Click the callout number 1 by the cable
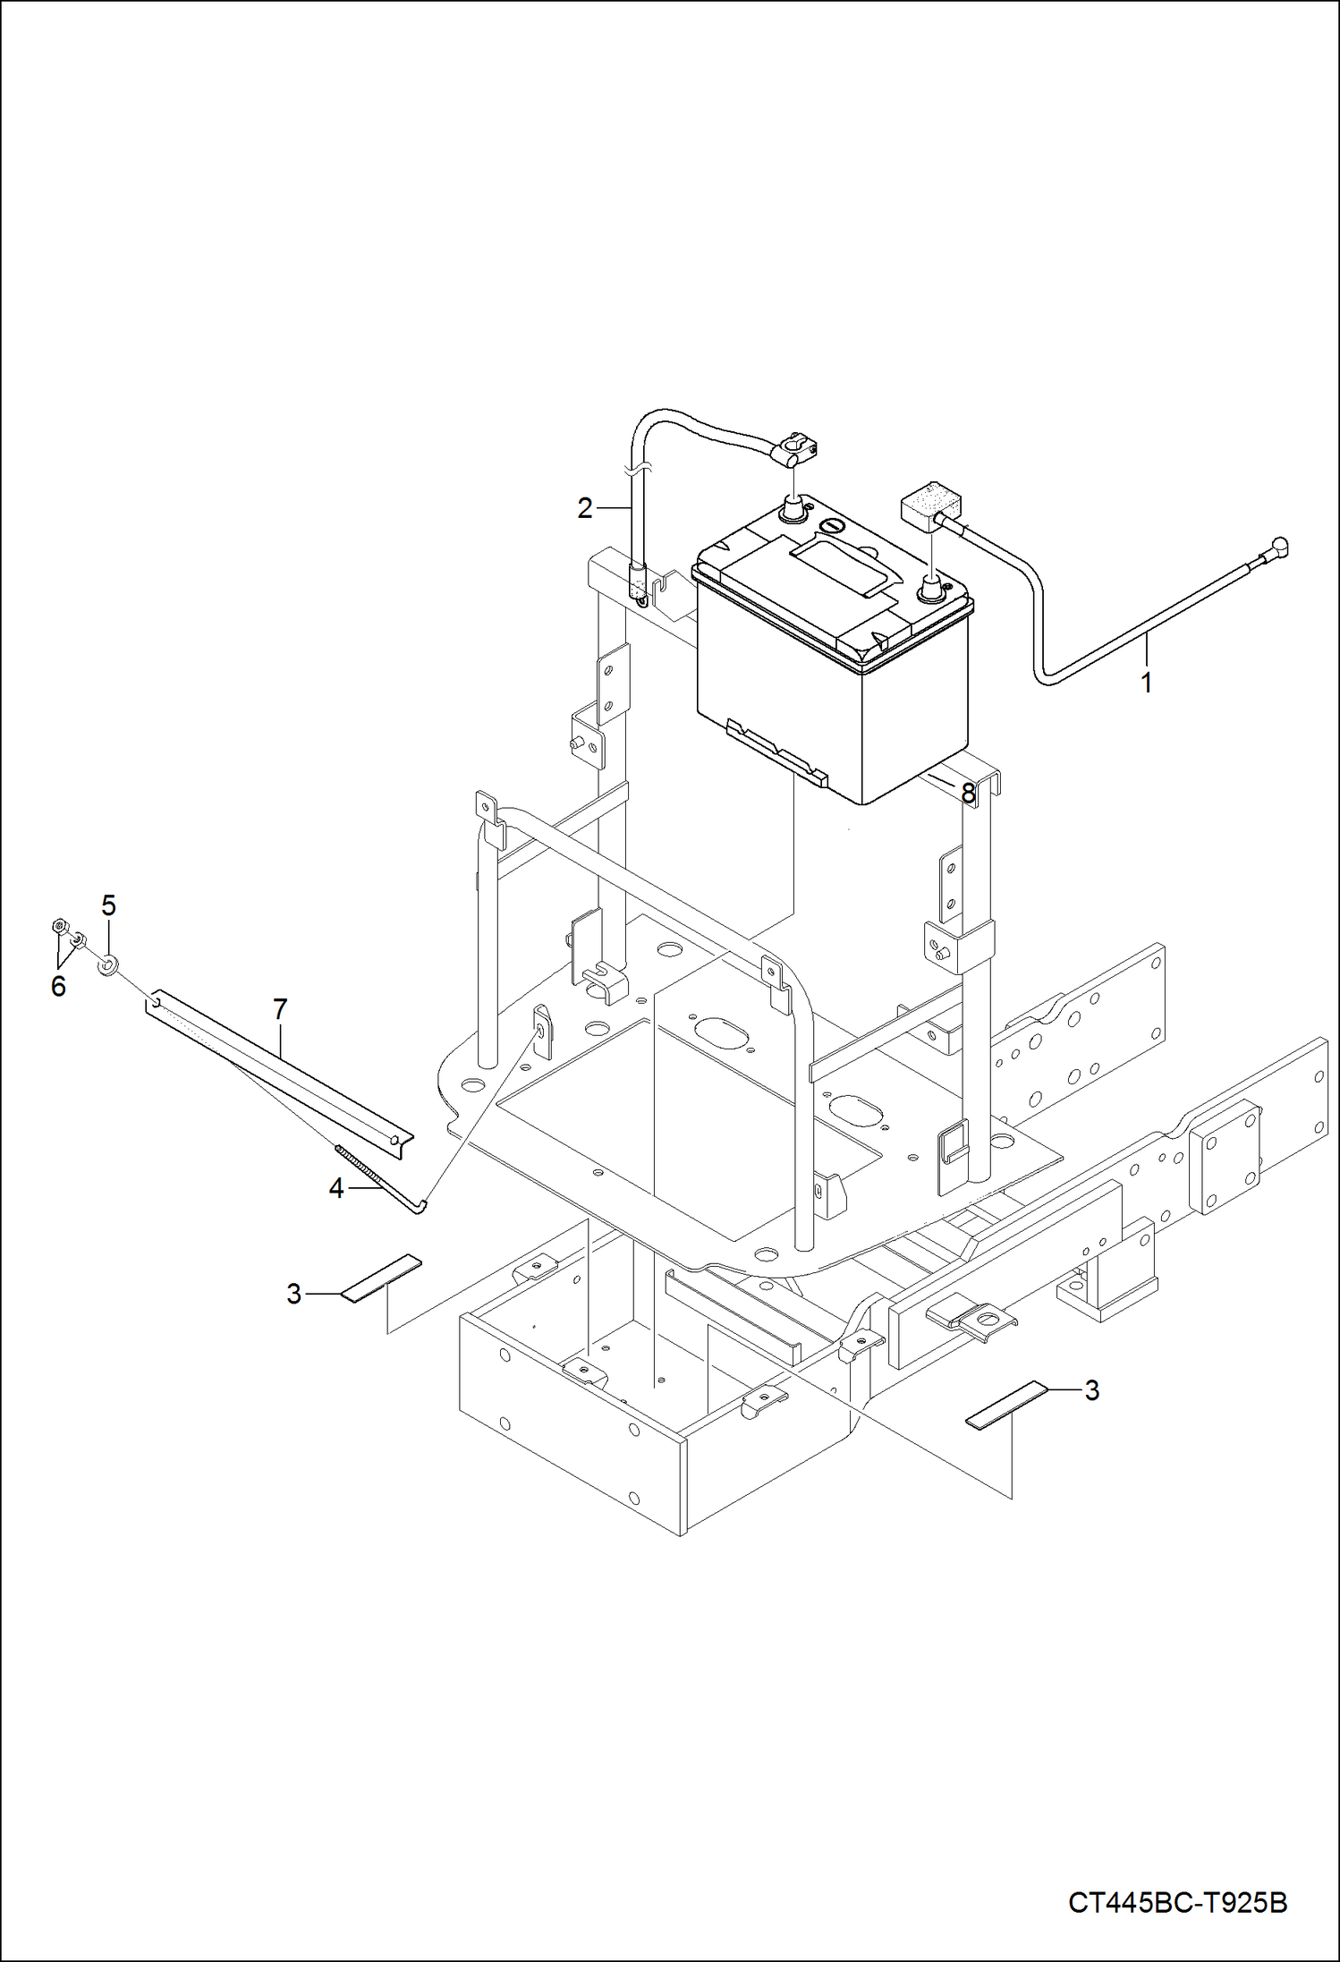point(1146,683)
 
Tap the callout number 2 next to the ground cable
point(585,508)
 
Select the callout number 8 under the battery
point(968,793)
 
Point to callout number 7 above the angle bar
point(280,1009)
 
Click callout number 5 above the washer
point(108,905)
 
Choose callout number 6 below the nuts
point(58,986)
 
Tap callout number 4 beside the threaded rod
point(336,1188)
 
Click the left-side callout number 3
point(294,1293)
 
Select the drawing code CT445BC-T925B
point(1177,1902)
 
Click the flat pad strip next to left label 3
point(381,1278)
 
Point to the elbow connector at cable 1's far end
point(1280,545)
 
